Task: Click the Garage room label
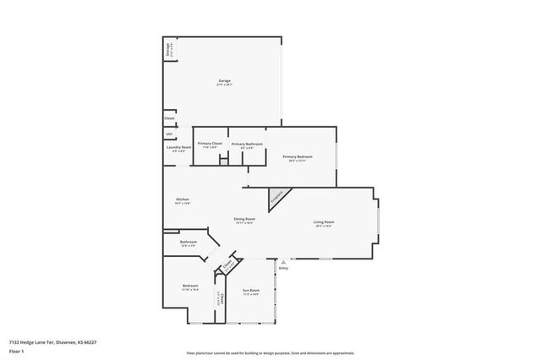coord(224,81)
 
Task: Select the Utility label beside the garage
coord(169,134)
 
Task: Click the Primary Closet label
coord(210,144)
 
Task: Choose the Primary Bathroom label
coord(247,145)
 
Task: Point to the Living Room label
coord(323,224)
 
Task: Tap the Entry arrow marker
coord(283,262)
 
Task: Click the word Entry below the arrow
coord(283,269)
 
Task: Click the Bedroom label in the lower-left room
coord(190,287)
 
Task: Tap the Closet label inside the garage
coord(169,119)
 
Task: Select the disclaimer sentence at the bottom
coord(270,352)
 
